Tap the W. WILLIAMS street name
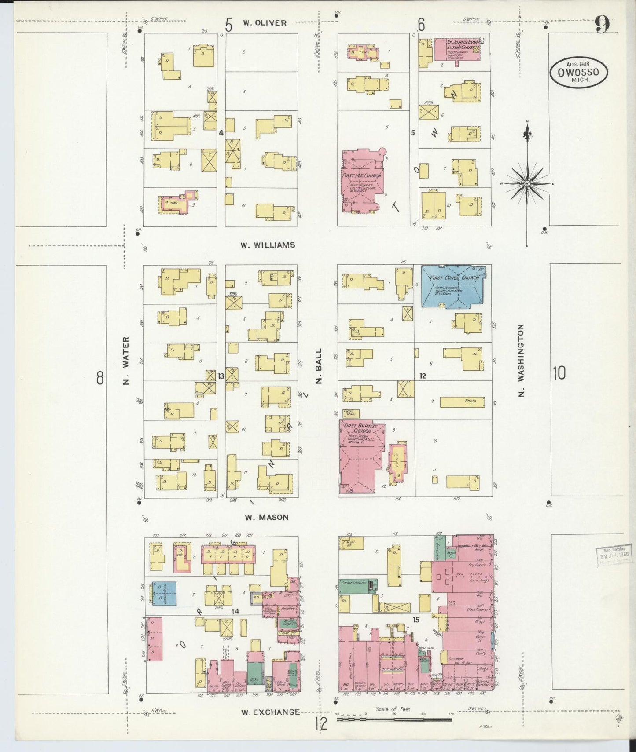point(267,245)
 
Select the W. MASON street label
point(267,518)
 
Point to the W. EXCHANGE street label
point(271,712)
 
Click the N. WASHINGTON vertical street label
point(521,361)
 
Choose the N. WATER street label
point(126,361)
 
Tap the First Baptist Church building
point(361,457)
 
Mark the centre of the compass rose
point(527,183)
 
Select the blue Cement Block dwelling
point(164,594)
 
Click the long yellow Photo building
point(462,402)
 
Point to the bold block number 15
point(415,620)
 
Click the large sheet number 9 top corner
point(602,26)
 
